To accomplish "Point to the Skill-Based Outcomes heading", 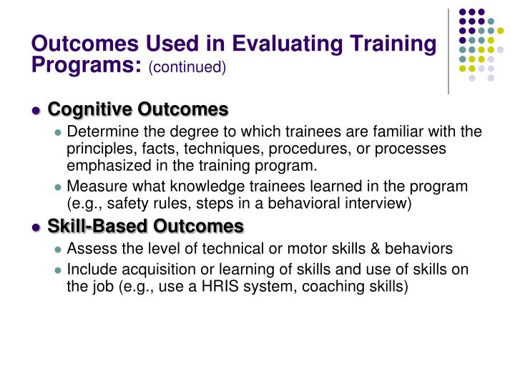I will pyautogui.click(x=146, y=227).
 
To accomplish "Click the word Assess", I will pyautogui.click(x=89, y=249).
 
